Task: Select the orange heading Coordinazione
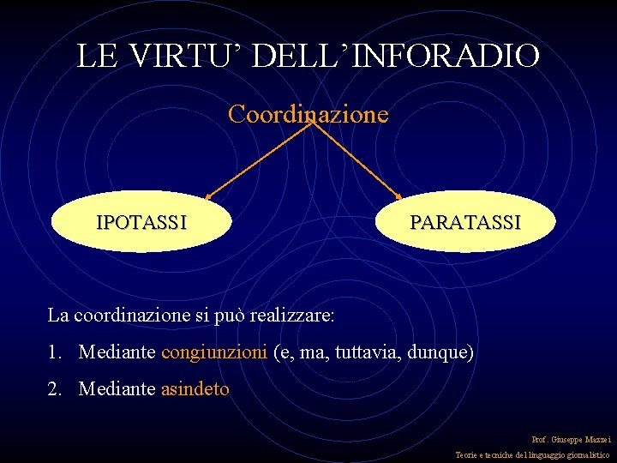(308, 114)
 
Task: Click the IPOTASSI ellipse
(141, 222)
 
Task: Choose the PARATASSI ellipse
(465, 222)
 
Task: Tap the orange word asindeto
(195, 389)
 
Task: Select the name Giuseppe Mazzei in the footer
(581, 439)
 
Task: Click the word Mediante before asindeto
(117, 389)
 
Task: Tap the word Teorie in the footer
(467, 455)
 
